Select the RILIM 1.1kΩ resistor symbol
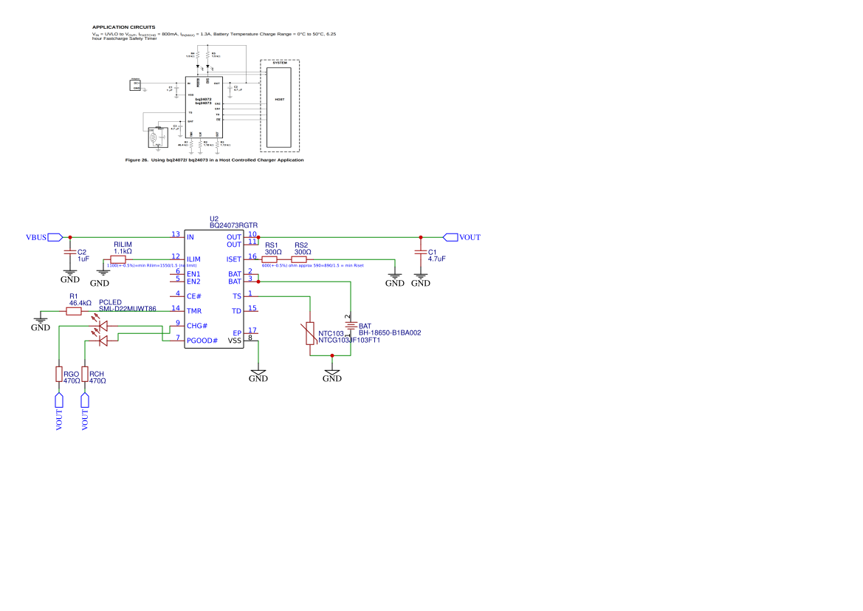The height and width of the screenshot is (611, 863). pyautogui.click(x=118, y=259)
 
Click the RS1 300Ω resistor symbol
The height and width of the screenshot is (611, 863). pyautogui.click(x=270, y=259)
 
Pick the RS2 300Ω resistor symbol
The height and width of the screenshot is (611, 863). pyautogui.click(x=300, y=259)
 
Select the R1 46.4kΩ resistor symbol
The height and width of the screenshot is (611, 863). pyautogui.click(x=74, y=311)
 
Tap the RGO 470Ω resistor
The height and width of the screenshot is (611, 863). pyautogui.click(x=59, y=374)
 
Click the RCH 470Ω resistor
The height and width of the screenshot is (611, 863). pyautogui.click(x=85, y=374)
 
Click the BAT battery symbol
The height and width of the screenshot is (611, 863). pyautogui.click(x=350, y=325)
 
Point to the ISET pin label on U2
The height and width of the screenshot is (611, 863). pyautogui.click(x=234, y=259)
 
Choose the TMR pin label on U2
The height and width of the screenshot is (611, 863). pyautogui.click(x=194, y=311)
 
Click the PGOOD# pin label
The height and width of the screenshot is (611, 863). pyautogui.click(x=202, y=341)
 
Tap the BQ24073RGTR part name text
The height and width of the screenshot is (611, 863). pyautogui.click(x=233, y=225)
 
